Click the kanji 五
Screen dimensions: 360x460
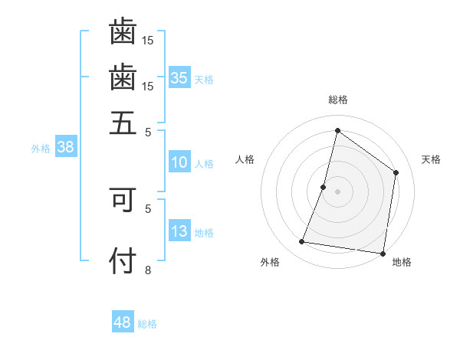pyautogui.click(x=123, y=122)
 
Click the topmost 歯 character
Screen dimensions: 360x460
pyautogui.click(x=123, y=32)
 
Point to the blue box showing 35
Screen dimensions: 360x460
pyautogui.click(x=179, y=78)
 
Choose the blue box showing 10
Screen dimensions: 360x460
pyautogui.click(x=179, y=162)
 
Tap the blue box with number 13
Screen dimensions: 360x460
pyautogui.click(x=179, y=231)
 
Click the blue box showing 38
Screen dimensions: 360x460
pyautogui.click(x=65, y=148)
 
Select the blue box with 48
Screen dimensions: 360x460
pyautogui.click(x=123, y=322)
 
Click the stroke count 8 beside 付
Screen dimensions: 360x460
pyautogui.click(x=148, y=269)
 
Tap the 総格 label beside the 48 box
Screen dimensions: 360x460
pyautogui.click(x=147, y=324)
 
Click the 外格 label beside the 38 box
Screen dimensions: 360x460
pyautogui.click(x=41, y=149)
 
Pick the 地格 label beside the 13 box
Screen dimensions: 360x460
pyautogui.click(x=204, y=233)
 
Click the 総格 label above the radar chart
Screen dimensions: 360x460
pyautogui.click(x=337, y=100)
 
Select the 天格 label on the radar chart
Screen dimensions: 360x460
pyautogui.click(x=431, y=159)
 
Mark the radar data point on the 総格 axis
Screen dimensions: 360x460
pyautogui.click(x=337, y=130)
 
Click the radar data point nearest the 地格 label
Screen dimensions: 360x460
pyautogui.click(x=383, y=253)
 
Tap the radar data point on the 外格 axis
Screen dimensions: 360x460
pyautogui.click(x=302, y=242)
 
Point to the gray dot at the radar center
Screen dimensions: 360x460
pyautogui.click(x=337, y=191)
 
